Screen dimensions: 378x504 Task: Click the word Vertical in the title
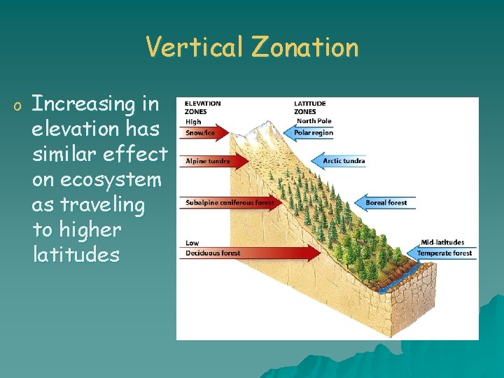point(195,48)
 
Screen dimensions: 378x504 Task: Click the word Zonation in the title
point(304,48)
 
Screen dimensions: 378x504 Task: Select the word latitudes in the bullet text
point(76,255)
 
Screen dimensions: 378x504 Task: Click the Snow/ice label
point(200,133)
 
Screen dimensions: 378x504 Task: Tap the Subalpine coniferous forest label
point(228,203)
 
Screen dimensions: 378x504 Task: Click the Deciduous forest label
point(212,253)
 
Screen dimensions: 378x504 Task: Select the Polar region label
point(313,133)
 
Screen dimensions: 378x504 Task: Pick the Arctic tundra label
point(344,161)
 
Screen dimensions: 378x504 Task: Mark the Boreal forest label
point(386,203)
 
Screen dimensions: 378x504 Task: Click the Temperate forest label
point(444,253)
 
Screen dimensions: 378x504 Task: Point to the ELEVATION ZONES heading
point(202,107)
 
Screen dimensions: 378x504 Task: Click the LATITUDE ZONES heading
point(309,107)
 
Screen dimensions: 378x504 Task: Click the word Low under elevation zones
point(192,243)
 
